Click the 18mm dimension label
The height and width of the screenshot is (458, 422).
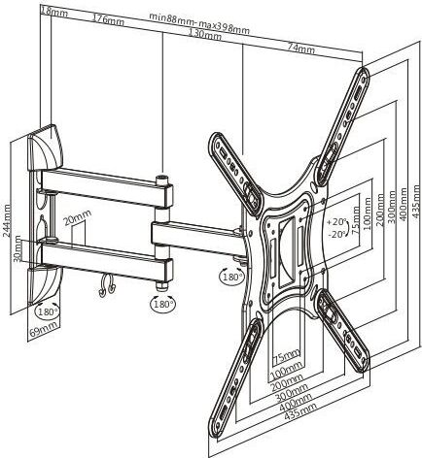click(x=54, y=13)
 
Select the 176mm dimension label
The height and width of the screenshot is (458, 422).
click(x=108, y=18)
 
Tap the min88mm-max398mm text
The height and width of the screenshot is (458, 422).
click(x=199, y=22)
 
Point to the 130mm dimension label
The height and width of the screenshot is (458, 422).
click(x=205, y=34)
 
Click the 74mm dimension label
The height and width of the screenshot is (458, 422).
click(x=301, y=49)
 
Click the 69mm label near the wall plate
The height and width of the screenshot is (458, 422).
click(x=44, y=328)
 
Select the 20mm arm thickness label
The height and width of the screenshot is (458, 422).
click(x=77, y=216)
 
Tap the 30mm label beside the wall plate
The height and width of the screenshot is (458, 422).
click(x=18, y=248)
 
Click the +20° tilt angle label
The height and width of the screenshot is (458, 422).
click(x=337, y=222)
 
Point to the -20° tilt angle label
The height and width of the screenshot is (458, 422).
click(x=337, y=234)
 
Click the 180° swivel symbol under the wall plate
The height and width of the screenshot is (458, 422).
click(x=48, y=311)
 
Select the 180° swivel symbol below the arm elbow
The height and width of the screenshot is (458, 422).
click(x=163, y=304)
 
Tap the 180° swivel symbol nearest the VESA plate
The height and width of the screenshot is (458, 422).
click(x=232, y=277)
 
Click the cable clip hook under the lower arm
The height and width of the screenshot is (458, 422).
click(x=107, y=286)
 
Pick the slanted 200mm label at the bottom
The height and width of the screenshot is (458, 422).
click(x=287, y=382)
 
